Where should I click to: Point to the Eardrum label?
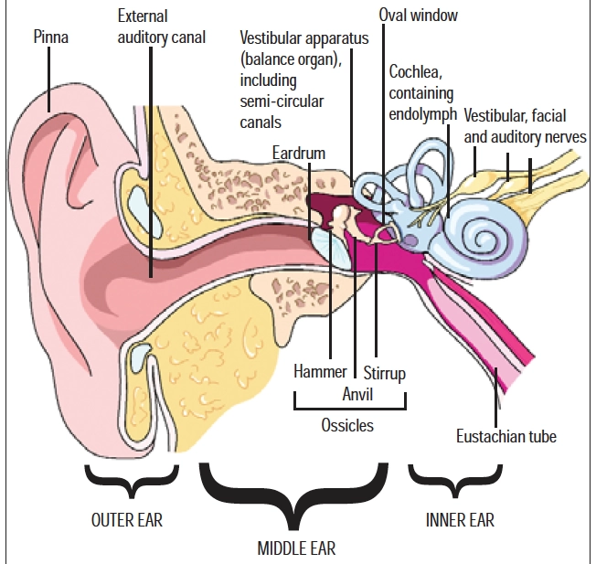pyautogui.click(x=298, y=151)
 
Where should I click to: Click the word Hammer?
pyautogui.click(x=320, y=373)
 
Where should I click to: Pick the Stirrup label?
pyautogui.click(x=384, y=373)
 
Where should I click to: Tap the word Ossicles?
pyautogui.click(x=347, y=425)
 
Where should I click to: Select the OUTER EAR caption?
pyautogui.click(x=127, y=520)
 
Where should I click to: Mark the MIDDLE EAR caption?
pyautogui.click(x=294, y=548)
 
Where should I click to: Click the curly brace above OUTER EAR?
pyautogui.click(x=130, y=478)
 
